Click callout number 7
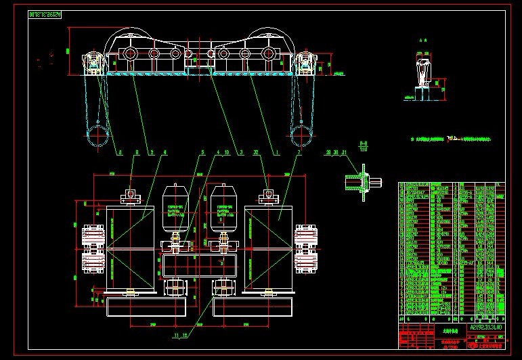299,153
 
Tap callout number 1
277,153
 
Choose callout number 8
137,153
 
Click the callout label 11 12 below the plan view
179,336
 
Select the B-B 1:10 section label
363,146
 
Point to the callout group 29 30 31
336,153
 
